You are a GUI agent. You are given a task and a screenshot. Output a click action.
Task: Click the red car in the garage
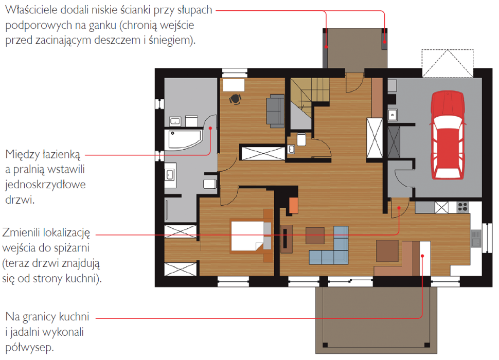tap(447, 135)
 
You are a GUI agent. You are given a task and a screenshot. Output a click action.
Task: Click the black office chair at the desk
tap(235, 99)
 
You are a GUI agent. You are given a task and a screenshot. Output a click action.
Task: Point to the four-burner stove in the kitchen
tap(462, 207)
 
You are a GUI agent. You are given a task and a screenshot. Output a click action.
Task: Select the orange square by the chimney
tap(293, 205)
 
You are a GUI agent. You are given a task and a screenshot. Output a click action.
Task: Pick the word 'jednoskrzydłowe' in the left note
tap(45, 185)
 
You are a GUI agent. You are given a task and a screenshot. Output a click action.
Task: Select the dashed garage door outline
tap(448, 63)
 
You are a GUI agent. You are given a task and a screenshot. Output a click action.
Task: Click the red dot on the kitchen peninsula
tap(423, 256)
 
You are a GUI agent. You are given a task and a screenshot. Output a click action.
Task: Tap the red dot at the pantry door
tap(399, 208)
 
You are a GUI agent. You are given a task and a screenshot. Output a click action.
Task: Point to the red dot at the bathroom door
tap(210, 128)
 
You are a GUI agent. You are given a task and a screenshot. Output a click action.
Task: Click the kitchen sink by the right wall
tap(476, 238)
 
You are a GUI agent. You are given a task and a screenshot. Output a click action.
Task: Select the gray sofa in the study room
tap(275, 111)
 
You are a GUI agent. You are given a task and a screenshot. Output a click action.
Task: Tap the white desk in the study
tap(234, 85)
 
